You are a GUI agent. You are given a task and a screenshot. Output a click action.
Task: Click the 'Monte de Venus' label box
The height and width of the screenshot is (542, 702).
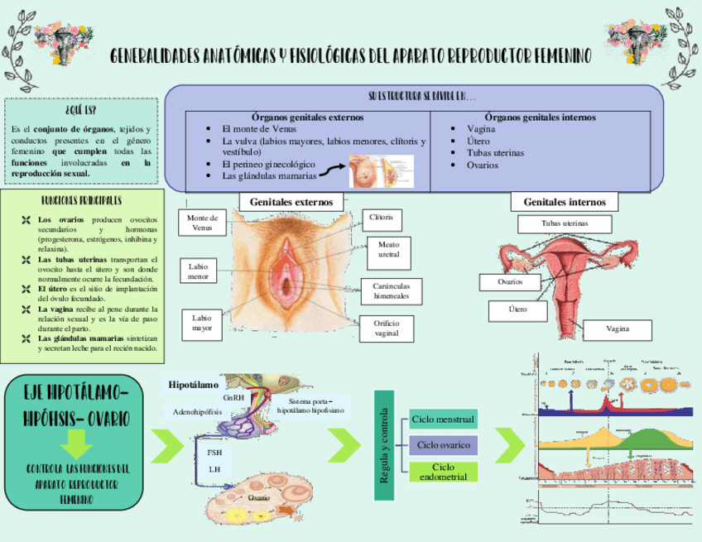pyautogui.click(x=202, y=222)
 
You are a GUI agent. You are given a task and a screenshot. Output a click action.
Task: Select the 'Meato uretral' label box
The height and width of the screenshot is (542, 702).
pyautogui.click(x=388, y=250)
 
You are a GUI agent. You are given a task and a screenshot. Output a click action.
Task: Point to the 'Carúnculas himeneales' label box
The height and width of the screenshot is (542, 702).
pyautogui.click(x=386, y=290)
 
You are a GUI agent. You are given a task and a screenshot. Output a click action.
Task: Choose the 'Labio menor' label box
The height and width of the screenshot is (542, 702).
pyautogui.click(x=198, y=271)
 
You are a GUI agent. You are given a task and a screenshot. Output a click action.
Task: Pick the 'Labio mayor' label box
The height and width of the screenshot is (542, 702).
pyautogui.click(x=202, y=323)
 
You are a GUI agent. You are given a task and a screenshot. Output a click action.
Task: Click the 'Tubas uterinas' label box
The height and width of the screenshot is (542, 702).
pyautogui.click(x=565, y=223)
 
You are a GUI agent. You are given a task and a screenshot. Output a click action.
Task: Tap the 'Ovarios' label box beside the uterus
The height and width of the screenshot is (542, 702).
pyautogui.click(x=510, y=282)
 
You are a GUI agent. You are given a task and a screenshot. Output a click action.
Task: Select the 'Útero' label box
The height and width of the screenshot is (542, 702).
pyautogui.click(x=517, y=310)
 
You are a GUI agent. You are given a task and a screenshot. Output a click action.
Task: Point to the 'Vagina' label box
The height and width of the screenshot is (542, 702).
pyautogui.click(x=617, y=329)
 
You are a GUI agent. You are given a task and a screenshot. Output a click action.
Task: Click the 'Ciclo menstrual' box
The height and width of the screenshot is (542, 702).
pyautogui.click(x=443, y=420)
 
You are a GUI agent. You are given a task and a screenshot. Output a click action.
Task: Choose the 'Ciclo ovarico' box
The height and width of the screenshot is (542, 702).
pyautogui.click(x=443, y=445)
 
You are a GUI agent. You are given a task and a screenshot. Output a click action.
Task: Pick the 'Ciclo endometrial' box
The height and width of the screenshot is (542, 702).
pyautogui.click(x=443, y=472)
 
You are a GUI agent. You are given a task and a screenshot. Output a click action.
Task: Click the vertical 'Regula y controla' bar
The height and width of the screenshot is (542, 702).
pyautogui.click(x=383, y=444)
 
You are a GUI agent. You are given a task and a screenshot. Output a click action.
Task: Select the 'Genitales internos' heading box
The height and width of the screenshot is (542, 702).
pyautogui.click(x=565, y=202)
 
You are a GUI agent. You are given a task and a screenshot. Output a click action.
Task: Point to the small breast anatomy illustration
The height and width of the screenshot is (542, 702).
pyautogui.click(x=369, y=171)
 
